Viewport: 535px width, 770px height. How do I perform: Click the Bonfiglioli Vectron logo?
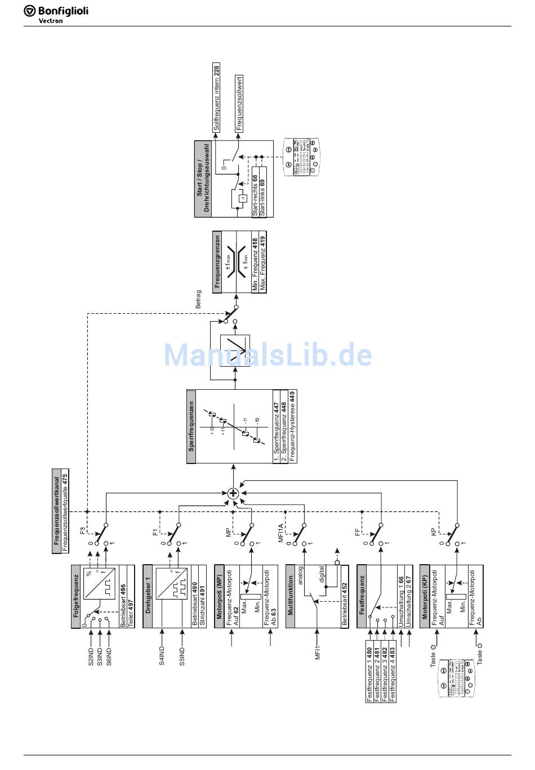[x=56, y=13]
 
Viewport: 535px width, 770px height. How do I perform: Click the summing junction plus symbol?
[x=234, y=493]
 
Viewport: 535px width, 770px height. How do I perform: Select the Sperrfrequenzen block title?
[x=191, y=426]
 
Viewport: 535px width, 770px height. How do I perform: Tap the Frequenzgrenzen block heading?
[x=217, y=262]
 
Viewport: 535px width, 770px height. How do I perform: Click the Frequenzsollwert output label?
[x=239, y=103]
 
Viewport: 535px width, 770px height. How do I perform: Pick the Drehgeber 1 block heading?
[x=148, y=596]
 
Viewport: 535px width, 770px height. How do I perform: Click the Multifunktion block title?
[x=291, y=596]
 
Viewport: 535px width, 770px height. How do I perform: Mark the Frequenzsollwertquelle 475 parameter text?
[x=65, y=511]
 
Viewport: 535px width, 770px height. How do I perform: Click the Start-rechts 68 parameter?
[x=255, y=195]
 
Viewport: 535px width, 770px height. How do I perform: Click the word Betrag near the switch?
[x=198, y=299]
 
